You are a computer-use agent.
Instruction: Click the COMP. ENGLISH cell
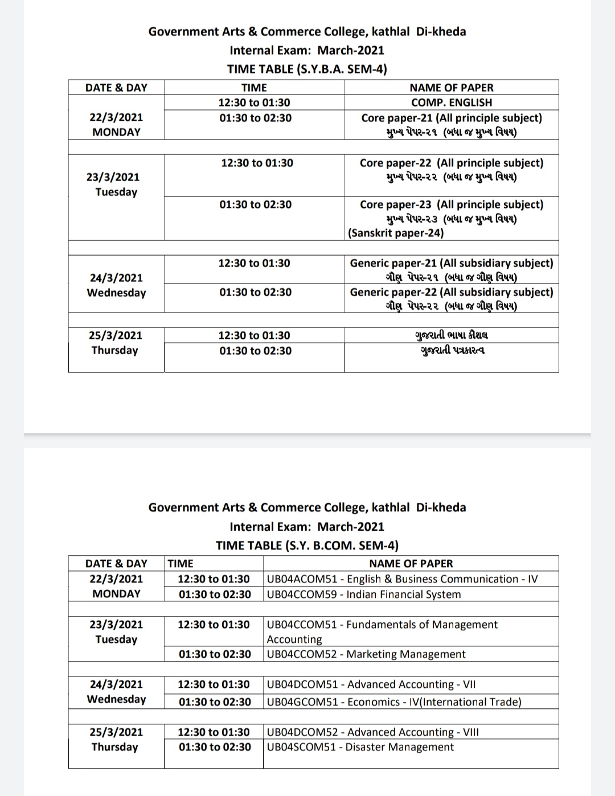pyautogui.click(x=452, y=102)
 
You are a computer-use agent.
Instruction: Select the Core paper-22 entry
pyautogui.click(x=452, y=163)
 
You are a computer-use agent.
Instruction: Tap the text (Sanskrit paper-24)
pyautogui.click(x=396, y=233)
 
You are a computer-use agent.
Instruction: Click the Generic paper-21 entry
pyautogui.click(x=452, y=263)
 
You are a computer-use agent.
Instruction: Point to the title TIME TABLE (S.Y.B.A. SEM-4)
pyautogui.click(x=307, y=69)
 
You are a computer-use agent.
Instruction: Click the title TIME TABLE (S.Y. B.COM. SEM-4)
pyautogui.click(x=307, y=545)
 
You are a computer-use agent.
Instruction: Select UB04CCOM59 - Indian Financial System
pyautogui.click(x=364, y=594)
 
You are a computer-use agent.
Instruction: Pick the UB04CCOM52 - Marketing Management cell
pyautogui.click(x=366, y=654)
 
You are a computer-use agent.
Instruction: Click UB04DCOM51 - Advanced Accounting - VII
pyautogui.click(x=371, y=684)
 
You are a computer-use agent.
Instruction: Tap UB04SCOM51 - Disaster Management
pyautogui.click(x=360, y=747)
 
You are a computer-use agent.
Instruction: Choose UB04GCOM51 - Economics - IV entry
pyautogui.click(x=394, y=702)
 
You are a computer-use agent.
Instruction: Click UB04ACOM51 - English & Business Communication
pyautogui.click(x=402, y=579)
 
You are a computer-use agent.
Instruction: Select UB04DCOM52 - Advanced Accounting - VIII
pyautogui.click(x=373, y=732)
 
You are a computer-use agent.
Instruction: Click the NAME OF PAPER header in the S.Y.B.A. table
pyautogui.click(x=452, y=88)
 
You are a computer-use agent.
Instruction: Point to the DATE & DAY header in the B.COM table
pyautogui.click(x=116, y=564)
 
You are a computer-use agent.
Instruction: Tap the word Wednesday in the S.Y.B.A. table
pyautogui.click(x=116, y=293)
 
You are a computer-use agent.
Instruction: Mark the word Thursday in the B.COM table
pyautogui.click(x=114, y=747)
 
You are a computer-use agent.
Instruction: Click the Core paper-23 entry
pyautogui.click(x=452, y=204)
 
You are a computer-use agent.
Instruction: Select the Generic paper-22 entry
pyautogui.click(x=452, y=292)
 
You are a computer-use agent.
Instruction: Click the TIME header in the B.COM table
pyautogui.click(x=181, y=564)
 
